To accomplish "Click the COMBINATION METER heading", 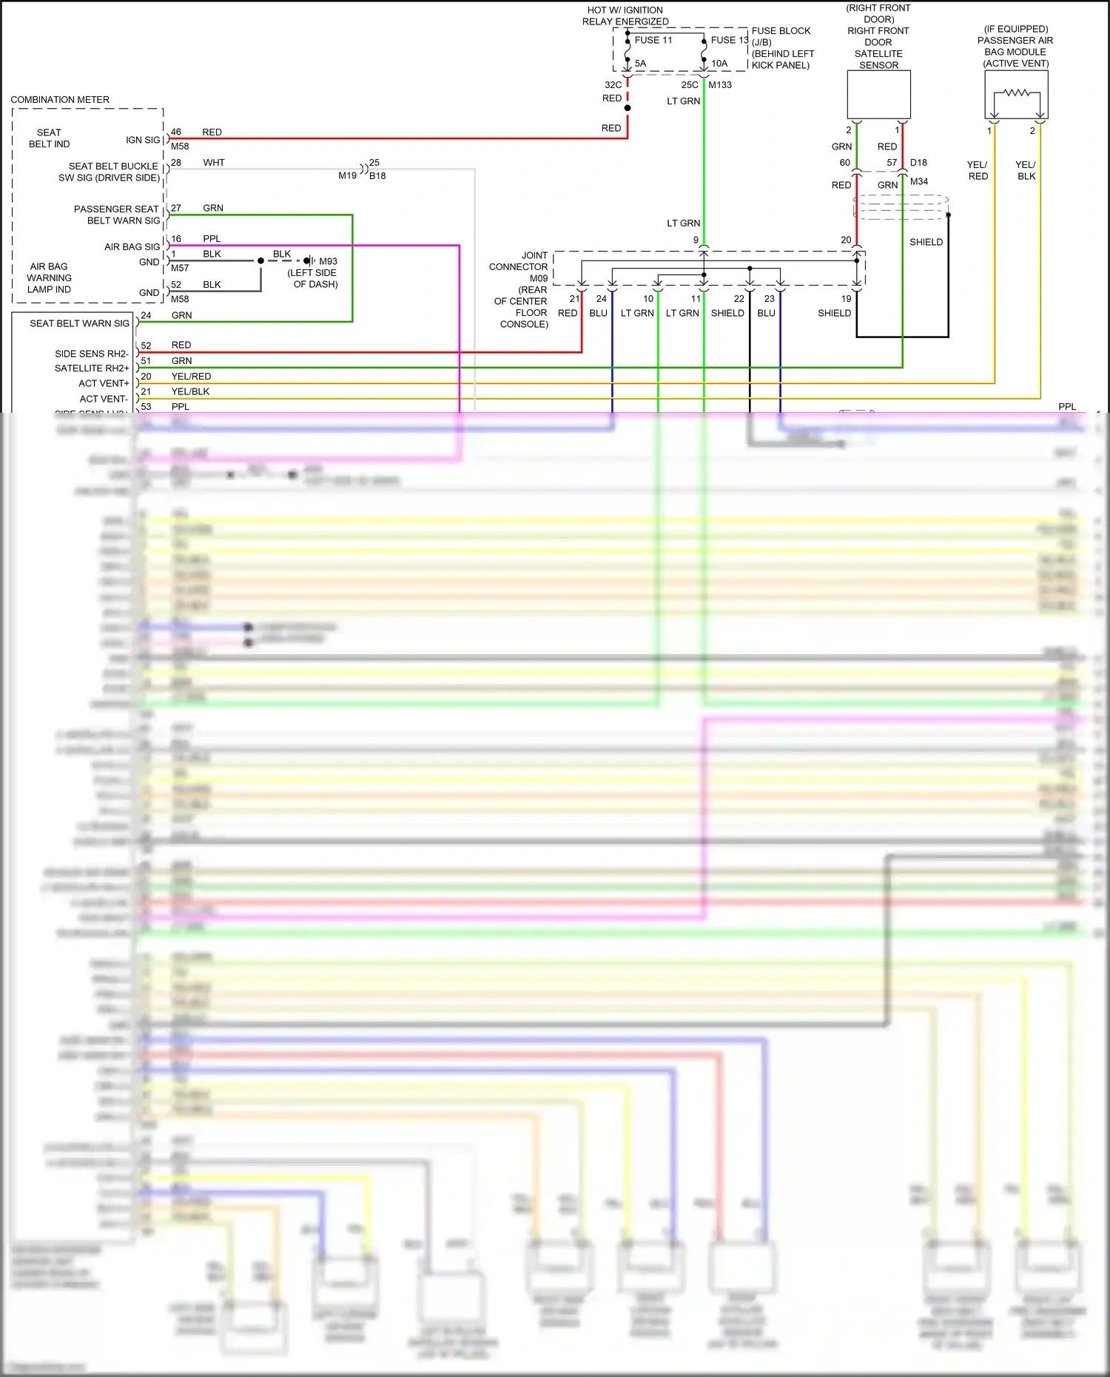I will (x=60, y=99).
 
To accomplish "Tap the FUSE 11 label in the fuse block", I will (x=653, y=40).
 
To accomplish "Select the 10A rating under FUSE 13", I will (x=719, y=64).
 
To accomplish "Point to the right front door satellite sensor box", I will (x=878, y=94).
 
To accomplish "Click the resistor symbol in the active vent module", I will (x=1017, y=93).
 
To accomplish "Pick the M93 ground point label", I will (x=328, y=261).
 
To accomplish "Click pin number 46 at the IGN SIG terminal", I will (x=176, y=132).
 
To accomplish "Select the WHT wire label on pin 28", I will (x=214, y=162).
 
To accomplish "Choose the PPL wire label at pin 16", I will (x=212, y=238).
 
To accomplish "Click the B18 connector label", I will (x=377, y=175).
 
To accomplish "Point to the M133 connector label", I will (x=720, y=84).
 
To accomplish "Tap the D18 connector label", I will (x=918, y=162).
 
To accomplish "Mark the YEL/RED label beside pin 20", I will (x=191, y=376).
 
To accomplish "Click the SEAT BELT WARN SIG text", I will (x=79, y=323).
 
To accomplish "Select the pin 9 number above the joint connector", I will (x=696, y=240).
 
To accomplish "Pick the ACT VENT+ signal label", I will (x=104, y=383).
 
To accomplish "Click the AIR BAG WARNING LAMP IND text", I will (x=49, y=277).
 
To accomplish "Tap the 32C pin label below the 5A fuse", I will (x=613, y=84).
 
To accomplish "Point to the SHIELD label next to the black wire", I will (x=926, y=242).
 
